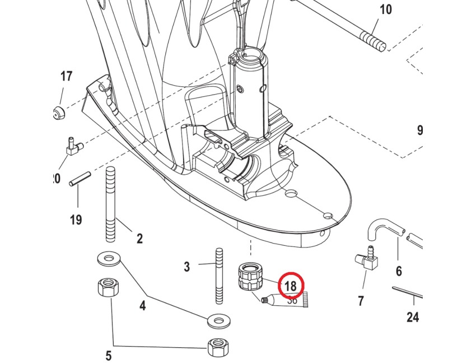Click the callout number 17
pyautogui.click(x=67, y=76)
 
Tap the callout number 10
pyautogui.click(x=386, y=10)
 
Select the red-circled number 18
pyautogui.click(x=290, y=286)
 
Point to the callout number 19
pyautogui.click(x=76, y=220)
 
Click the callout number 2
pyautogui.click(x=139, y=239)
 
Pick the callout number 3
pyautogui.click(x=187, y=267)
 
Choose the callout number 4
pyautogui.click(x=142, y=306)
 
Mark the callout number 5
pyautogui.click(x=109, y=355)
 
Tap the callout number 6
pyautogui.click(x=399, y=272)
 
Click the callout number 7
pyautogui.click(x=361, y=301)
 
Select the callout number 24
pyautogui.click(x=413, y=318)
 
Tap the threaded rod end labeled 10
pyautogui.click(x=372, y=40)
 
